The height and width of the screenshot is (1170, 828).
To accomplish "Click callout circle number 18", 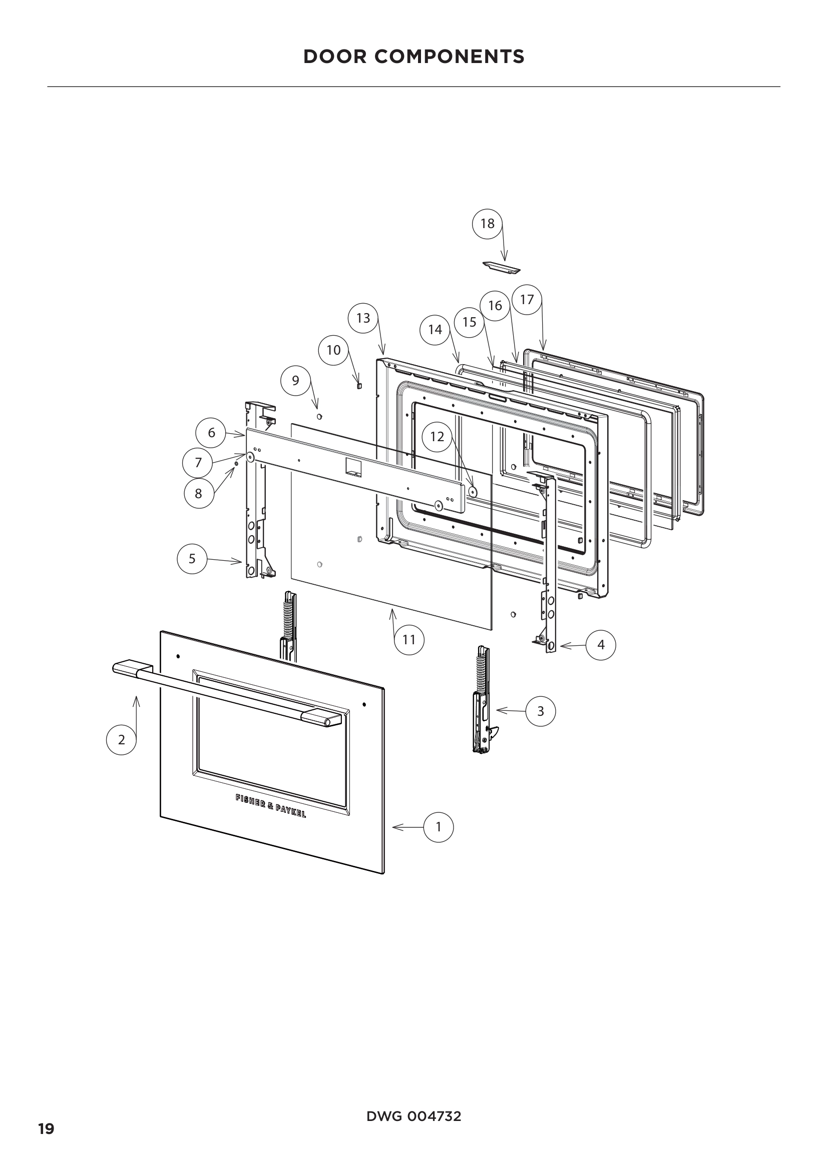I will point(488,223).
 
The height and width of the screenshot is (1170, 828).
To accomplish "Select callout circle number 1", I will point(439,827).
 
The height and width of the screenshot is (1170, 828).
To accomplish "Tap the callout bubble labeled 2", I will point(121,739).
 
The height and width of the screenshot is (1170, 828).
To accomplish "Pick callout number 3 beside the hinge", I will point(541,711).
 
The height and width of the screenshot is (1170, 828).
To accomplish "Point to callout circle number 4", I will point(601,645).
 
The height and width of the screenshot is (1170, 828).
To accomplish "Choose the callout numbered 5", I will point(192,559).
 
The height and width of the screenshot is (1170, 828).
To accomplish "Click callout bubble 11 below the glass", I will point(409,640).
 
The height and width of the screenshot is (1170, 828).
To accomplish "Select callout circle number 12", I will point(437,436).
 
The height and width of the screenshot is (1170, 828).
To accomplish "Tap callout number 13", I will point(363,318).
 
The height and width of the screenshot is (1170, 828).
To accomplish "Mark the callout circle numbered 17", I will point(527,300).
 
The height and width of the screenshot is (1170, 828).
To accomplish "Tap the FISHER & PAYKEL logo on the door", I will point(270,806).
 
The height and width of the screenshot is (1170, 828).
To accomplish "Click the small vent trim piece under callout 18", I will point(502,266).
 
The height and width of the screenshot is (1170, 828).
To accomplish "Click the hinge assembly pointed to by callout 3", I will point(482,703).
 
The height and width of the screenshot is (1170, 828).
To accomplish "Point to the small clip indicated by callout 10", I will point(359,385).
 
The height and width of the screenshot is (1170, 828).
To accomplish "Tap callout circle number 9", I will point(296,380).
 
